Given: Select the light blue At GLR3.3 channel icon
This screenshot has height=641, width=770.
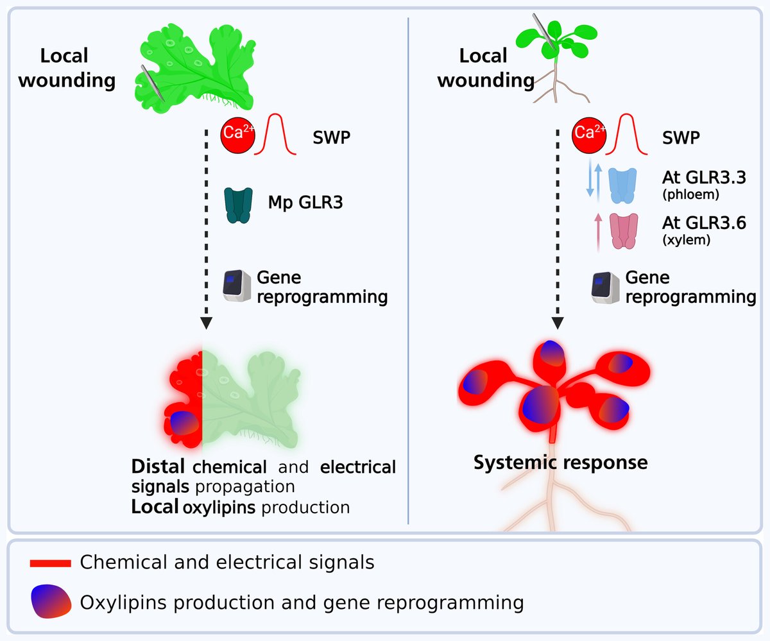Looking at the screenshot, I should pos(622,185).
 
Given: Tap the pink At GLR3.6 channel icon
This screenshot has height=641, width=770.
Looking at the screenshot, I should pos(622,232).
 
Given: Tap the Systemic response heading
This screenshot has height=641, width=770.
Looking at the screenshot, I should pos(560,462).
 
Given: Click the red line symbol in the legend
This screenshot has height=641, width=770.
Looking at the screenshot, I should pos(50,563).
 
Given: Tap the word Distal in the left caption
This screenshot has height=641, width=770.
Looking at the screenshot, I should pos(158,466).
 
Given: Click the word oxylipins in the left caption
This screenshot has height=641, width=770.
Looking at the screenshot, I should pos(219,508).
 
